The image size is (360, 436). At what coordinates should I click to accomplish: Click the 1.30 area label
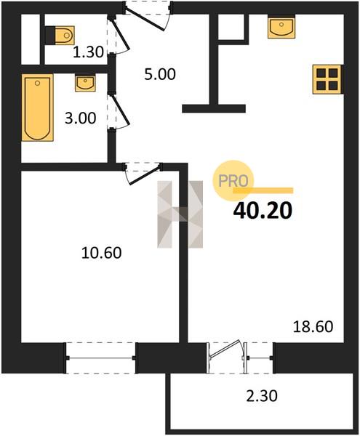(88, 52)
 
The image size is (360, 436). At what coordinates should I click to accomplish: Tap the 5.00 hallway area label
(160, 75)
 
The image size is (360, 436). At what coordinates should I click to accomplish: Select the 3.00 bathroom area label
(81, 118)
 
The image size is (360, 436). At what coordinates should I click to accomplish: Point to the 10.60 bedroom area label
(102, 253)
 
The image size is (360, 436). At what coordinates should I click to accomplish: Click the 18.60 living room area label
(313, 327)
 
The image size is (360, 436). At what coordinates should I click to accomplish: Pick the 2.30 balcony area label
(262, 396)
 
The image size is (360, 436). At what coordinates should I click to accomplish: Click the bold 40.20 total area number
(263, 211)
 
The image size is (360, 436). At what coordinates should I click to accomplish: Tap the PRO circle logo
(233, 181)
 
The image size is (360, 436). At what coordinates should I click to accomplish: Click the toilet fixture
(60, 36)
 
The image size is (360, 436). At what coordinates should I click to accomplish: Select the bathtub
(38, 108)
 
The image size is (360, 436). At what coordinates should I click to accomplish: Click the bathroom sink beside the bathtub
(85, 83)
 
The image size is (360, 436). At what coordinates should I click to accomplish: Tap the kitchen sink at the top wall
(281, 27)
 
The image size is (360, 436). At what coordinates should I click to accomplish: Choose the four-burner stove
(327, 79)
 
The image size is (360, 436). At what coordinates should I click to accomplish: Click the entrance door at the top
(148, 16)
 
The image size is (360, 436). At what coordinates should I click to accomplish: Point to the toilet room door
(119, 35)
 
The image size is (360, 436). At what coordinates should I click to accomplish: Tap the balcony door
(227, 358)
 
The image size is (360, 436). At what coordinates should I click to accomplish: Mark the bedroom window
(100, 358)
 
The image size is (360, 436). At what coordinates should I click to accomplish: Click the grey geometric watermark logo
(180, 214)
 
